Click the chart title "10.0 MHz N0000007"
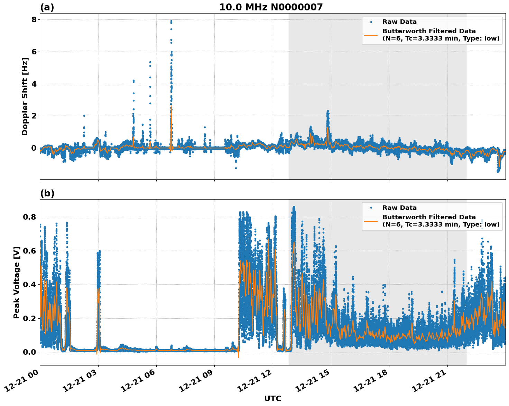tap(271, 7)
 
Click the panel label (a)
tap(47, 7)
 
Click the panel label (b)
tap(47, 193)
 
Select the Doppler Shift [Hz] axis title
tap(25, 96)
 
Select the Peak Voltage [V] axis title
tap(17, 282)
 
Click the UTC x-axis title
tap(272, 398)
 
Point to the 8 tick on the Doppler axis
tap(34, 20)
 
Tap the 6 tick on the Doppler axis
tap(34, 52)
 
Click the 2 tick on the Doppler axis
tap(34, 116)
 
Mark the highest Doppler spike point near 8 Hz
tap(171, 21)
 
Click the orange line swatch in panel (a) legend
tap(371, 35)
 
